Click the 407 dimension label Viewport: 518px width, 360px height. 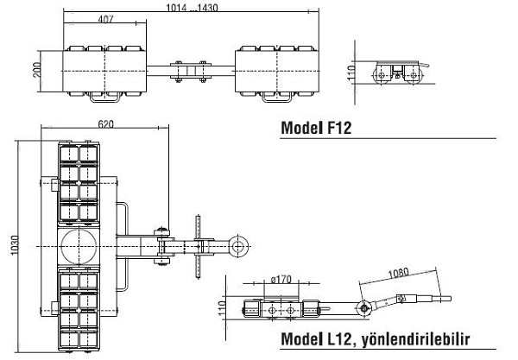pos(105,19)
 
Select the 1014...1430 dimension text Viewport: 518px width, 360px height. pos(192,8)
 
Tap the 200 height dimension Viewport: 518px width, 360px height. pos(37,70)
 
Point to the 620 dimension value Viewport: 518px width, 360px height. pos(105,123)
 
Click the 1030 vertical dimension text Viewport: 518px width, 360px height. pos(15,245)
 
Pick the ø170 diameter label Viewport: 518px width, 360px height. pos(281,280)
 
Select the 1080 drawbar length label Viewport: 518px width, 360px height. pos(398,274)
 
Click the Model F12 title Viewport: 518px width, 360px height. pos(316,128)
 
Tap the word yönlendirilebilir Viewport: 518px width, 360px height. pos(415,339)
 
